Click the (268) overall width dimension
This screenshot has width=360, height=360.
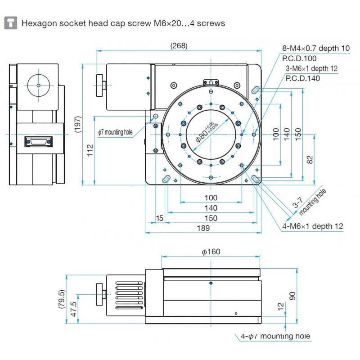(x=179, y=46)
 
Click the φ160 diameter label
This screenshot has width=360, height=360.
(x=211, y=252)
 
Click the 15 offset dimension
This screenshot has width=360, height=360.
(x=160, y=218)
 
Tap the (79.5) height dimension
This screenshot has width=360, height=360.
(x=62, y=299)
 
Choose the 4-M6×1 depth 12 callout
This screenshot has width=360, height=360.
(x=312, y=226)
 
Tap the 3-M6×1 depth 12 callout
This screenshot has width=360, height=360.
(x=311, y=68)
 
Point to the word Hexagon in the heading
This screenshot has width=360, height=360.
(x=39, y=23)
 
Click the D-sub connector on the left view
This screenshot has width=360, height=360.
(x=39, y=142)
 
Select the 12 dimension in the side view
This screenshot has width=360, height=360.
(x=281, y=306)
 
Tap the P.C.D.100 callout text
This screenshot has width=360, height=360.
(x=299, y=58)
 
